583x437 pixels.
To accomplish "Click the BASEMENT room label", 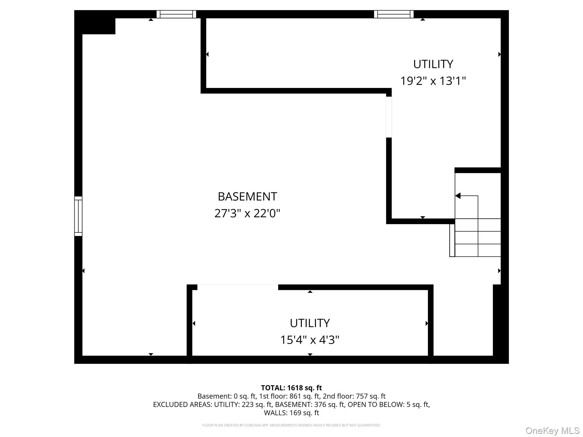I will coord(247,197).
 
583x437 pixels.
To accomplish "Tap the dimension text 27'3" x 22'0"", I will coord(247,213).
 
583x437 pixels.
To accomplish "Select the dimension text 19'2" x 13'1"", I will coord(433,81).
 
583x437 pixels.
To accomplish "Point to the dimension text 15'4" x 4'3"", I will coord(310,340).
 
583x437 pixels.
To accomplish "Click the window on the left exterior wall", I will coord(78,216).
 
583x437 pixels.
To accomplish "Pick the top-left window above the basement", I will coord(176,14).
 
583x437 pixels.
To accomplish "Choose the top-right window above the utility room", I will coord(394,14).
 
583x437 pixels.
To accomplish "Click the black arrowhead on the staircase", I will coord(458,196).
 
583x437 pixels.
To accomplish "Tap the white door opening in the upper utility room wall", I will coord(389,117).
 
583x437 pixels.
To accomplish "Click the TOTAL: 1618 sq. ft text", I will coord(291,388).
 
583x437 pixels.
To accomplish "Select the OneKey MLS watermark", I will coord(552,430).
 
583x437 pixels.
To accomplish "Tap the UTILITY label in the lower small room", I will coord(310,323).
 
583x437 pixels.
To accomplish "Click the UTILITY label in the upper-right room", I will coord(433,64).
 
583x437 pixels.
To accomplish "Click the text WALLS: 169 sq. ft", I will coord(291,413).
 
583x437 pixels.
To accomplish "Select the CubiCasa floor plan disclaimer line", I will coord(291,425).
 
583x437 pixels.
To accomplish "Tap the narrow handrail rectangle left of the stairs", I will coord(452,240).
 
